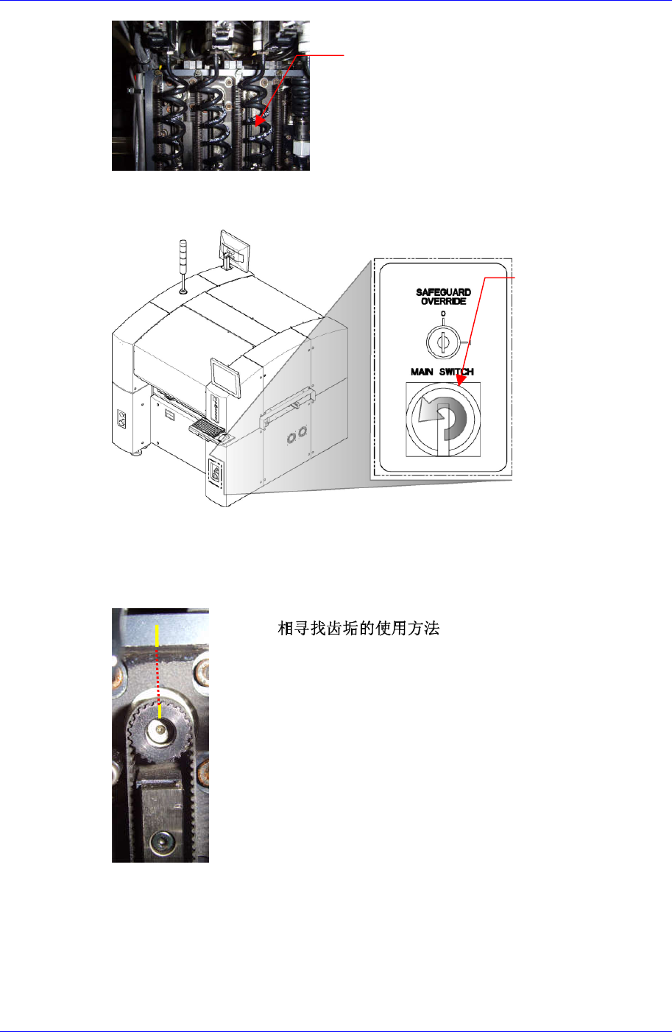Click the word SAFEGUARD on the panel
coord(443,292)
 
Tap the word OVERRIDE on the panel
coord(443,301)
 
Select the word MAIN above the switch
coord(422,372)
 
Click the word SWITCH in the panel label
coord(456,372)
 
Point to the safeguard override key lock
coord(442,342)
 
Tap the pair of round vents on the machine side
coord(297,438)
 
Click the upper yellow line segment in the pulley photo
coord(156,633)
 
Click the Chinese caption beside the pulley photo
coord(358,629)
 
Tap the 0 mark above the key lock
coord(442,314)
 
